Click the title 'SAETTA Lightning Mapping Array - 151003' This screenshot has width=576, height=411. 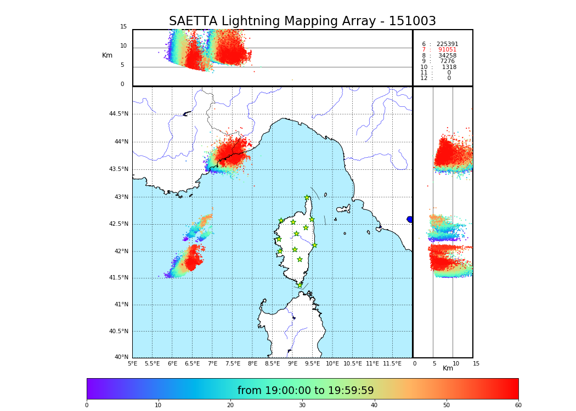(x=302, y=21)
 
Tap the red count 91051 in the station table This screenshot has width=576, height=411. (x=447, y=50)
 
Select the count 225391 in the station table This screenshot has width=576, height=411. (x=447, y=44)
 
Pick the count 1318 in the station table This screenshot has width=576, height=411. (x=449, y=67)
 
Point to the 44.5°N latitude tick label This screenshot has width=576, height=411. (x=118, y=114)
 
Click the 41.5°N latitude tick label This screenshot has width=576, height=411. (x=118, y=278)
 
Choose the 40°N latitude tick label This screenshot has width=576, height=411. (x=121, y=357)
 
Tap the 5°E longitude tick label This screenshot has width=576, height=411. (x=133, y=363)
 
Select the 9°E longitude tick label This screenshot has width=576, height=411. (x=292, y=363)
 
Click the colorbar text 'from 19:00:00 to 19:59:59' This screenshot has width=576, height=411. (x=306, y=391)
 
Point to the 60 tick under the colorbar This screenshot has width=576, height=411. (x=518, y=406)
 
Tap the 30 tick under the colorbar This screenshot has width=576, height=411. (x=302, y=406)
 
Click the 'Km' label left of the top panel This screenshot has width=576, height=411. (x=107, y=55)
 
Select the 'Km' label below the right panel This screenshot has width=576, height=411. (x=448, y=368)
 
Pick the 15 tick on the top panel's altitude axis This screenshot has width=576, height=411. (x=123, y=27)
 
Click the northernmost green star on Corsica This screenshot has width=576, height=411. (x=307, y=198)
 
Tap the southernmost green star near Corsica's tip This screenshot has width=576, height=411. (x=300, y=286)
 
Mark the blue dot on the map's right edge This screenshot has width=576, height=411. (x=410, y=219)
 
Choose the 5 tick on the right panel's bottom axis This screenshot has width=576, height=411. (x=434, y=363)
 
